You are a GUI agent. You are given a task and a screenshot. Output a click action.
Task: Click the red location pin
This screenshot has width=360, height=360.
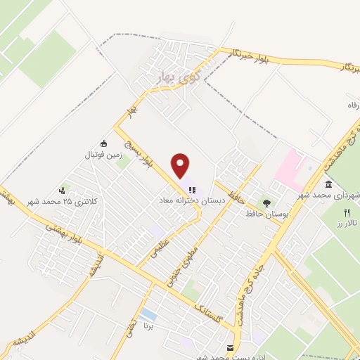181,166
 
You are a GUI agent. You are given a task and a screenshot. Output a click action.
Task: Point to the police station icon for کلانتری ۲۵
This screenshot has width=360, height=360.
63,190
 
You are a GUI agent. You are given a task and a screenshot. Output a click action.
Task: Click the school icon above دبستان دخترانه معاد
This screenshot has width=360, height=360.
191,189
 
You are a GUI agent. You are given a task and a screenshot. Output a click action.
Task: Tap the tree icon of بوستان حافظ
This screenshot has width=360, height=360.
266,202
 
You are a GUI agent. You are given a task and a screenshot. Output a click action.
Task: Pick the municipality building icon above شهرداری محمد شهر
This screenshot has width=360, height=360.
329,184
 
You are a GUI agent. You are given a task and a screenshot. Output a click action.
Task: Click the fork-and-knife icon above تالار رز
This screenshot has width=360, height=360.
347,212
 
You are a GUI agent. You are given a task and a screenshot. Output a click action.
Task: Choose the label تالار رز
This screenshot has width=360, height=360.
347,223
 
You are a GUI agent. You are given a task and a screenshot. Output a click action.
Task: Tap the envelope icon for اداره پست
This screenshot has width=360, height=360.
230,348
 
